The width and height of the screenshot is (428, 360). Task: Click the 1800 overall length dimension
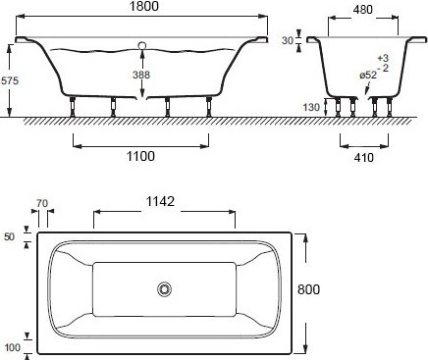point(144,6)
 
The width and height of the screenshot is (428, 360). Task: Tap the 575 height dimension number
point(10,80)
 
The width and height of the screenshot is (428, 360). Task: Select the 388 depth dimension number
point(141,75)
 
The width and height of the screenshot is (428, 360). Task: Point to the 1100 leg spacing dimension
point(140,156)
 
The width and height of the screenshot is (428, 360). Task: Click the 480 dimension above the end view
point(363,10)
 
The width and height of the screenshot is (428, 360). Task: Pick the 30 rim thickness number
point(288,40)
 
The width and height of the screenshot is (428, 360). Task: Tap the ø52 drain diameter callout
point(368,76)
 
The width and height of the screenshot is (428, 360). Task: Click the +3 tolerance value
point(383,58)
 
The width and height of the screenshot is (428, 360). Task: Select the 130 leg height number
point(311,107)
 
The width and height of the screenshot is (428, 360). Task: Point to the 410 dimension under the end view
point(364,158)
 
